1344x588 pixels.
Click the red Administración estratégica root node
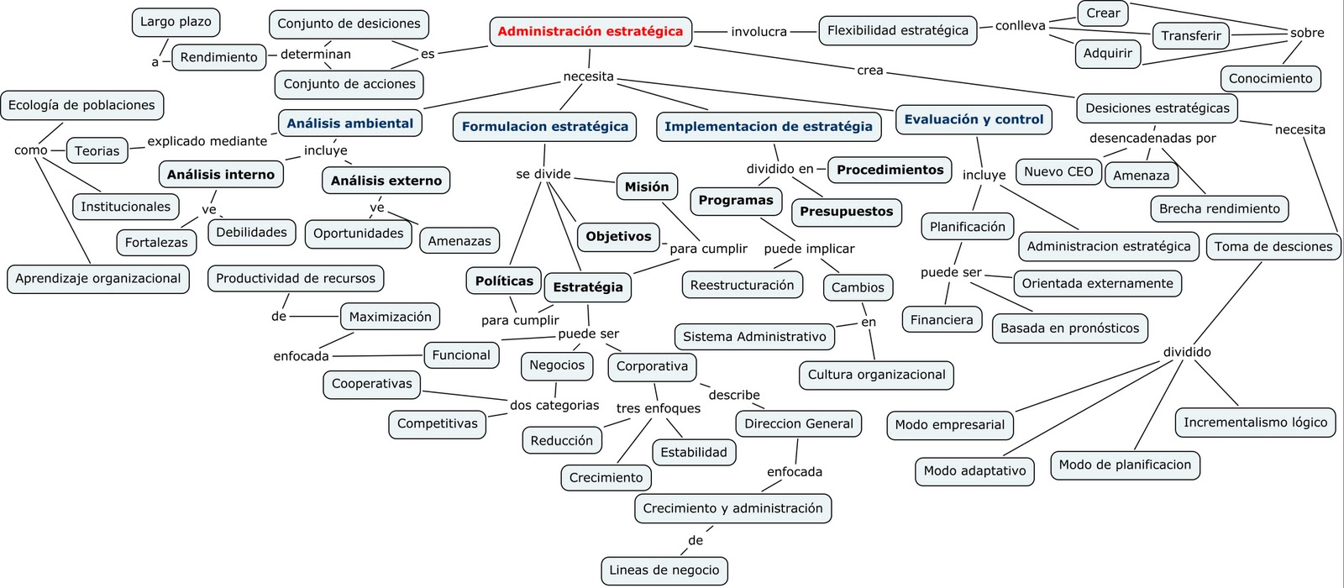pyautogui.click(x=591, y=32)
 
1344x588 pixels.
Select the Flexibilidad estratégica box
pyautogui.click(x=897, y=31)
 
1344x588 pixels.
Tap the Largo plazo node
pyautogui.click(x=176, y=22)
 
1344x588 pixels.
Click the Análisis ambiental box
pyautogui.click(x=349, y=123)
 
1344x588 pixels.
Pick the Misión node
pyautogui.click(x=647, y=187)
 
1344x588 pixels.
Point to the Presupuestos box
pyautogui.click(x=846, y=212)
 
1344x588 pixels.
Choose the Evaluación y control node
pyautogui.click(x=974, y=119)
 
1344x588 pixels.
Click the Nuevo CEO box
pyautogui.click(x=1058, y=172)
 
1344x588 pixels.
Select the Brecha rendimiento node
pyautogui.click(x=1219, y=209)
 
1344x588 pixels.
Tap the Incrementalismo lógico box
pyautogui.click(x=1255, y=423)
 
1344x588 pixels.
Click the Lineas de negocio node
pyautogui.click(x=664, y=570)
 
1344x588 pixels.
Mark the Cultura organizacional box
pyautogui.click(x=876, y=375)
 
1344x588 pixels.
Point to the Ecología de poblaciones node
pyautogui.click(x=81, y=106)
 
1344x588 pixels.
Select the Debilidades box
pyautogui.click(x=251, y=233)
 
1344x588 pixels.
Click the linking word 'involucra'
pyautogui.click(x=759, y=32)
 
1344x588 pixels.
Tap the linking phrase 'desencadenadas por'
pyautogui.click(x=1152, y=138)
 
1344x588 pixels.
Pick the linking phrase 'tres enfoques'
pyautogui.click(x=658, y=408)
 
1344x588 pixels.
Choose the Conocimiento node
pyautogui.click(x=1270, y=79)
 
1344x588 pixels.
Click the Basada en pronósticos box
pyautogui.click(x=1069, y=328)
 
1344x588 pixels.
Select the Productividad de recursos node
pyautogui.click(x=296, y=279)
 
